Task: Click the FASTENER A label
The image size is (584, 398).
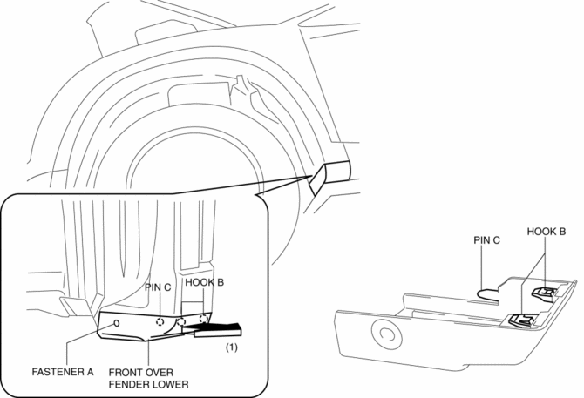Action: (x=60, y=370)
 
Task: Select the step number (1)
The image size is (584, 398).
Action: (x=232, y=347)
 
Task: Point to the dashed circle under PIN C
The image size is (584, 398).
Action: (x=160, y=320)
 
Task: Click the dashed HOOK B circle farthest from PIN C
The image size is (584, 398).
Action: (x=205, y=319)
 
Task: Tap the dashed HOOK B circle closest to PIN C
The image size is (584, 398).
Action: (x=183, y=320)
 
